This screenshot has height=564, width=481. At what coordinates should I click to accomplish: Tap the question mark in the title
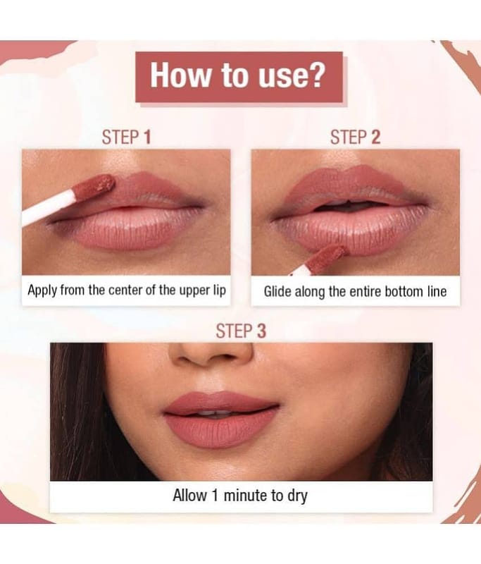coord(316,75)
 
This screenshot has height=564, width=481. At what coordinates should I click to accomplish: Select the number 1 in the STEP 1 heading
coord(147,137)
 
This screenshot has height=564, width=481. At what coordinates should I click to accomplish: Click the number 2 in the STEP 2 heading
coord(375,137)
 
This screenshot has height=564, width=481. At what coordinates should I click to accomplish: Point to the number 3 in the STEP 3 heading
coord(261,331)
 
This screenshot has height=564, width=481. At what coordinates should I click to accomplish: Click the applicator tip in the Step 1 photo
coord(94,185)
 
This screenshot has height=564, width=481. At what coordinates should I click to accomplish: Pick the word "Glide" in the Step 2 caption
coord(277,291)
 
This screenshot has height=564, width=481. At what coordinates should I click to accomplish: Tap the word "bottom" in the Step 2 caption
coord(404,291)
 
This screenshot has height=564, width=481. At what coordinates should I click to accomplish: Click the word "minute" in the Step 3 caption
coord(246,496)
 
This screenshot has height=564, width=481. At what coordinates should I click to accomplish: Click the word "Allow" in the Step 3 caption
coord(189,496)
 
